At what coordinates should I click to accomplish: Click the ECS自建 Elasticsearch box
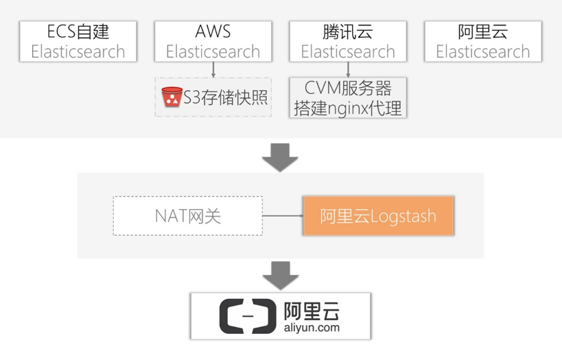coord(78,41)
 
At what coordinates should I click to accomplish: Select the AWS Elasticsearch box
coord(213,41)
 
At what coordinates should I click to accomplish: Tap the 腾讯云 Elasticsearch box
coord(348,41)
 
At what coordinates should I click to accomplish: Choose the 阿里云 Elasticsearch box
coord(482,41)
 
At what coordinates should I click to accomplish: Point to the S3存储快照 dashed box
coord(213,97)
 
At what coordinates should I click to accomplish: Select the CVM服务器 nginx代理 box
coord(348,97)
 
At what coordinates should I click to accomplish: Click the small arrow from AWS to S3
coord(213,69)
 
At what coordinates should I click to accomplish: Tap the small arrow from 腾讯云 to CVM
coord(349,69)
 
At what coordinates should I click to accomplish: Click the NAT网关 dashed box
coord(188,216)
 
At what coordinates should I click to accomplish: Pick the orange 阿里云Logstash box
coord(378,216)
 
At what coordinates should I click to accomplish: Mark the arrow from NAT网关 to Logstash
coord(283,216)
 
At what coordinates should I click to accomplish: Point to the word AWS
coord(213,32)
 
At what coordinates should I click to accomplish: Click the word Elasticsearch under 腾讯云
coord(348,51)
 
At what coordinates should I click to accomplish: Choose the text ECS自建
coord(78,32)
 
